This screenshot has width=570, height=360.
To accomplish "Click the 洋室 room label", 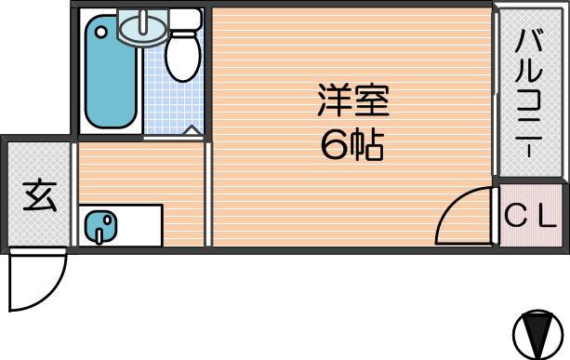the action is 353,100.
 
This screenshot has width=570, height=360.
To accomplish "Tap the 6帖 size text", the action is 351,145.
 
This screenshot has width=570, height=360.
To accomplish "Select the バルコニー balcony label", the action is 529,94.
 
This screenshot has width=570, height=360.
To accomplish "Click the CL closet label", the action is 531,217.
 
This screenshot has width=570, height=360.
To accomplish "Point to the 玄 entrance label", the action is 40,196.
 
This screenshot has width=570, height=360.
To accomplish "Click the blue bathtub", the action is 111,72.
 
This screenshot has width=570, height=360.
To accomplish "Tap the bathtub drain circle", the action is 100,33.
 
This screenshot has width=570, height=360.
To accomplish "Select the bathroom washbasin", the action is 143,27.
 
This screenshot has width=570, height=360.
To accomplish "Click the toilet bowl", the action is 183,57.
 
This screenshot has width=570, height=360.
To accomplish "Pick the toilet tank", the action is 185,20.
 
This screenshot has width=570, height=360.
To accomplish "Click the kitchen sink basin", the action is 100,226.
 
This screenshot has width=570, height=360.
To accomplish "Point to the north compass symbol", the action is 537,334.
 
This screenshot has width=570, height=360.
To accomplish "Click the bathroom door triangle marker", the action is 192,130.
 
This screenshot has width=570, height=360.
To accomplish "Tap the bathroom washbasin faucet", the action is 145,20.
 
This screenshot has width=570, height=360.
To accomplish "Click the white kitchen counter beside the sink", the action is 139,226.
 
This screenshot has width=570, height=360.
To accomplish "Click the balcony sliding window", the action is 495,94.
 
